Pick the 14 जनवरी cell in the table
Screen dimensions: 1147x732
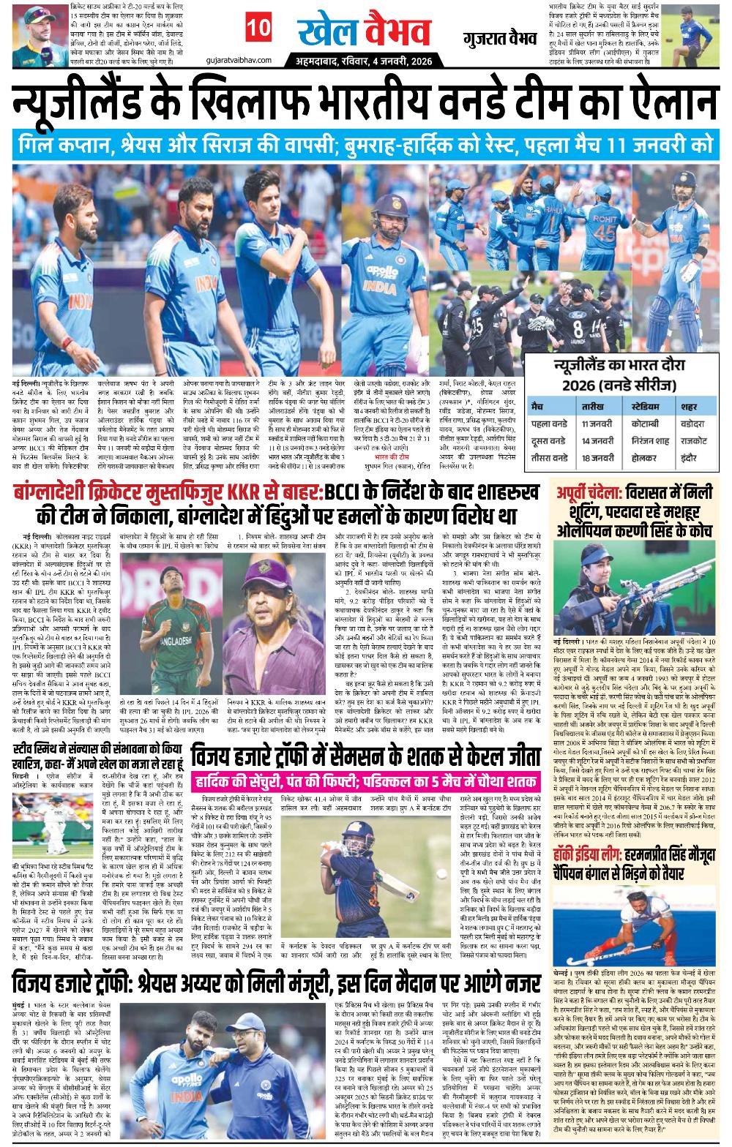click(x=597, y=441)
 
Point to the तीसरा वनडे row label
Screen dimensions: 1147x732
click(x=550, y=458)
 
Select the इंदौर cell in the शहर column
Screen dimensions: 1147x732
click(x=684, y=458)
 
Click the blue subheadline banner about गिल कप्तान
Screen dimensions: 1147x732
click(x=366, y=143)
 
